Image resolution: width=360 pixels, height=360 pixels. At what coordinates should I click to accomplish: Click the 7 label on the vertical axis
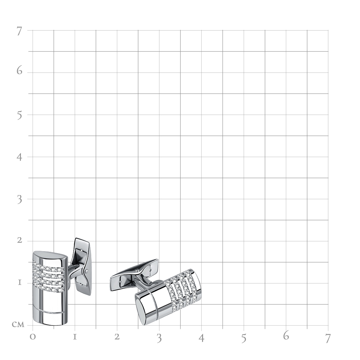click(19, 31)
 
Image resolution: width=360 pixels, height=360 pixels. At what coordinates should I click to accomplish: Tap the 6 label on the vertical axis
click(19, 70)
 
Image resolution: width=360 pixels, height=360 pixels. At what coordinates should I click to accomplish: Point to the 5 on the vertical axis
click(20, 115)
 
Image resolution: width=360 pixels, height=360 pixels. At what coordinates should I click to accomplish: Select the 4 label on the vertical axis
click(19, 157)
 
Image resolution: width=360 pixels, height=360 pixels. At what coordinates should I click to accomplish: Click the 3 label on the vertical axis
click(20, 199)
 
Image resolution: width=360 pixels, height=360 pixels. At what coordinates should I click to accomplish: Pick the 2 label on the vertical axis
click(20, 240)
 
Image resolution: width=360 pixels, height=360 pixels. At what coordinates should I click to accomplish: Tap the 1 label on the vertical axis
click(20, 282)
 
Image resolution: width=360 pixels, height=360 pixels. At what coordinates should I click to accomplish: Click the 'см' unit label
click(18, 324)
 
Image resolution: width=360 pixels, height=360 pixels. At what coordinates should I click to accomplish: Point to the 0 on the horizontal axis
click(33, 337)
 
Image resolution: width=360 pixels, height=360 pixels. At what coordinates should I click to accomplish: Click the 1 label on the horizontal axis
click(75, 337)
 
